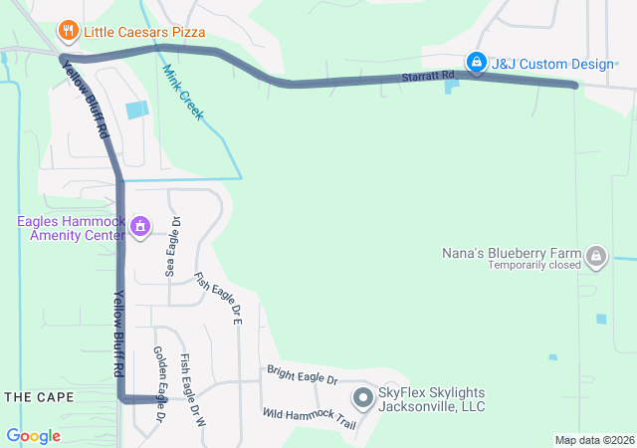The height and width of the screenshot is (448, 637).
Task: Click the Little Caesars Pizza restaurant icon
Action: [x=68, y=31]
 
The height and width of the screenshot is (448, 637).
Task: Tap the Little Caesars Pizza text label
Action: [x=144, y=32]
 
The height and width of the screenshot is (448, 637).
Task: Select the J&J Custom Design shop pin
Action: [x=477, y=64]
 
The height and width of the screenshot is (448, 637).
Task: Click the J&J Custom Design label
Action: [x=552, y=64]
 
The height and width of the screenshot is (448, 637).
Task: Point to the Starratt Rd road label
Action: [x=428, y=76]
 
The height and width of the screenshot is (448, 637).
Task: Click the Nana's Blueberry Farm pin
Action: [x=596, y=256]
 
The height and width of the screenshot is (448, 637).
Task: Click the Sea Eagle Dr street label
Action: [x=172, y=246]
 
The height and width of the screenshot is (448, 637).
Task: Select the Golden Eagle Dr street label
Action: [x=159, y=383]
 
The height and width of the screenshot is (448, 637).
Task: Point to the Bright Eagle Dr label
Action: [x=303, y=375]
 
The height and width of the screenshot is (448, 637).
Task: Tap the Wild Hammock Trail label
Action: [x=309, y=418]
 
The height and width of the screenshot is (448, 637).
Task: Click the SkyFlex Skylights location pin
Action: [x=362, y=399]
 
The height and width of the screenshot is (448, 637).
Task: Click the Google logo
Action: [x=33, y=436]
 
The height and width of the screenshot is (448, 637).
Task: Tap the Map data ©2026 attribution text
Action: [x=593, y=440]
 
